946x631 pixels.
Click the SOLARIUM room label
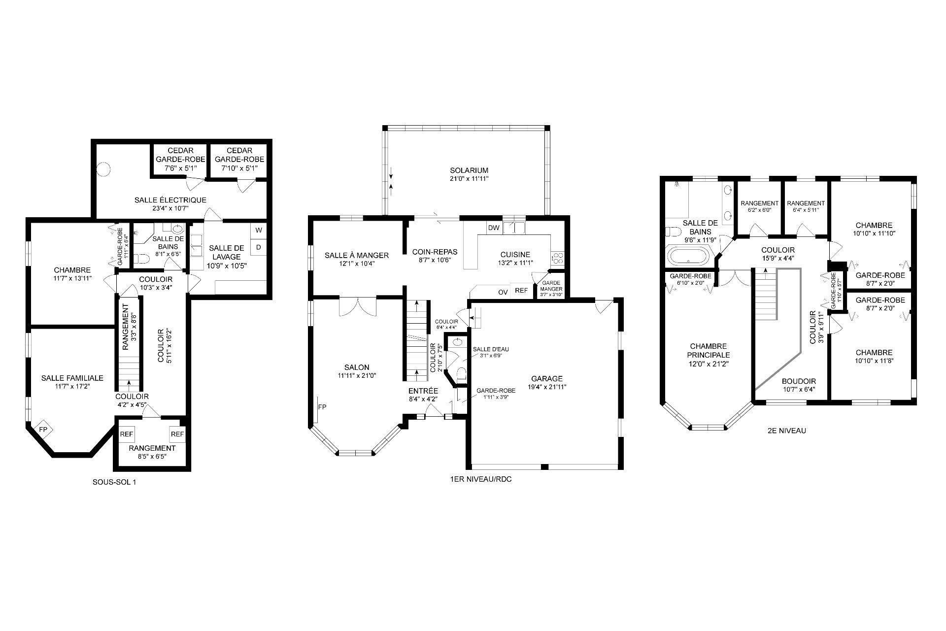click(x=469, y=170)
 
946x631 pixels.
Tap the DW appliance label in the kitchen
click(x=493, y=228)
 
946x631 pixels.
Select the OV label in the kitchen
click(x=503, y=292)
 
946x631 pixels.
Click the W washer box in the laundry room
click(x=259, y=230)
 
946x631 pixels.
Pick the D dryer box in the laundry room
click(x=259, y=247)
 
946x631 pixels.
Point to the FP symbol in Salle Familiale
click(x=43, y=430)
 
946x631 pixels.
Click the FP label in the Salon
click(x=322, y=407)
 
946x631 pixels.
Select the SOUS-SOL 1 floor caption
click(x=114, y=482)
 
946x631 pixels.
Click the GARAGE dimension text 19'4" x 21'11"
click(x=546, y=387)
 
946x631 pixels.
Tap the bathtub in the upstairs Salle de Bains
click(x=688, y=256)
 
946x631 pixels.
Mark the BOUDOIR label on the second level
click(x=799, y=381)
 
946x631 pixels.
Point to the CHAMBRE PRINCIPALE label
click(x=709, y=351)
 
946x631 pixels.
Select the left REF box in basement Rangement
click(x=127, y=434)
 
